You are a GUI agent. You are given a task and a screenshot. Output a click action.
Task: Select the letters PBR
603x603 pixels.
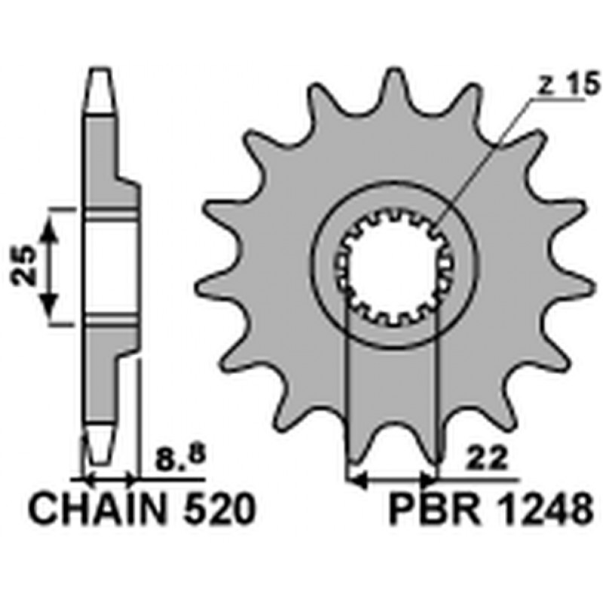click(434, 510)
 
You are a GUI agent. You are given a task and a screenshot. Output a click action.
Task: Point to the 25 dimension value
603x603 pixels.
click(24, 266)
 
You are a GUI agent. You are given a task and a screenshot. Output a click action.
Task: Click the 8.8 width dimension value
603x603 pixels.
click(181, 458)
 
